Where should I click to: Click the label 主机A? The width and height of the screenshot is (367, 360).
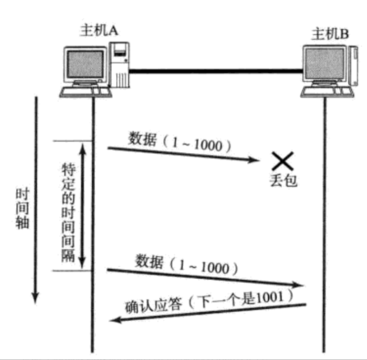pos(98,30)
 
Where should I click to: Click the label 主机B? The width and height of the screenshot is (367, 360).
pos(331,34)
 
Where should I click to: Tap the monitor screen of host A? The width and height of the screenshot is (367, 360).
pos(85,64)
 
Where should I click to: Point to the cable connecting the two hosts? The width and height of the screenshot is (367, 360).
pos(217,70)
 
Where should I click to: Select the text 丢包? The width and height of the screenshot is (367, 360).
pos(282,181)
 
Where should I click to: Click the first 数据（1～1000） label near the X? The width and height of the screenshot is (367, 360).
pos(180,143)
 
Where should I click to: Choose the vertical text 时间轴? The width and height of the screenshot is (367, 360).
pos(22,208)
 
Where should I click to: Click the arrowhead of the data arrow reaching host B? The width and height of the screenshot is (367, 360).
pos(301,286)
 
